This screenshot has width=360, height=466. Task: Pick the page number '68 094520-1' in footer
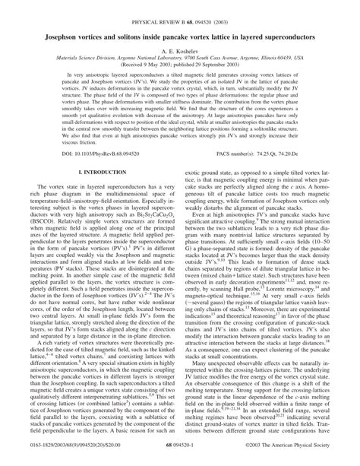[x=180, y=456]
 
